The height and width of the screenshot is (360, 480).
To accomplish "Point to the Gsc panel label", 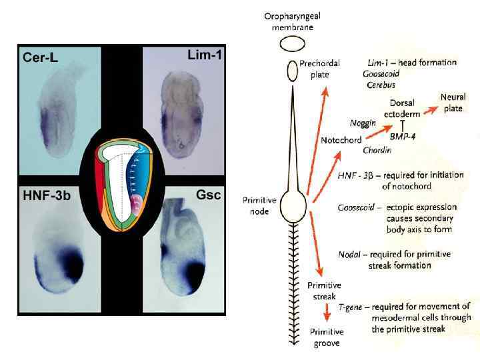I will click(x=207, y=195).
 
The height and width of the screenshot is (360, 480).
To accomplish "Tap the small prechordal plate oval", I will click(x=292, y=69).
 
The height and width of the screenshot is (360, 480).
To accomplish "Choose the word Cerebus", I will click(x=381, y=85).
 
